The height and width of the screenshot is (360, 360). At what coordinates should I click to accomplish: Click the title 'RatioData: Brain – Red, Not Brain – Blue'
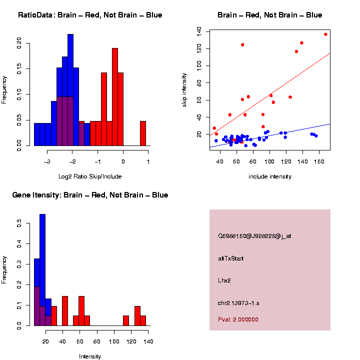pos(90,15)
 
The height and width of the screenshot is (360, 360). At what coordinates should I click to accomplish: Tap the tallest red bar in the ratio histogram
pos(115,95)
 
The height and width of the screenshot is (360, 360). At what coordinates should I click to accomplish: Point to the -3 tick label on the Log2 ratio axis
pos(47,161)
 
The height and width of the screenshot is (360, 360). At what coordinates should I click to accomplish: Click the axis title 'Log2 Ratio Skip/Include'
pos(90,176)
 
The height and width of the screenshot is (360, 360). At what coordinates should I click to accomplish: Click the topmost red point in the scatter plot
pos(325,34)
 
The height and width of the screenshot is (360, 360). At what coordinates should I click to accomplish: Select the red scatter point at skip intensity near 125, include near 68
pos(242,44)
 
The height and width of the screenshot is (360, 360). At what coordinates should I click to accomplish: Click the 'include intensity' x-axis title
pos(270,176)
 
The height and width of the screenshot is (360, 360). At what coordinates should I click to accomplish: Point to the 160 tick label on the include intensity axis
pos(321,161)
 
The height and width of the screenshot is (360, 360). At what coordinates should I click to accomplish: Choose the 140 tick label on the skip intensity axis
pos(199,31)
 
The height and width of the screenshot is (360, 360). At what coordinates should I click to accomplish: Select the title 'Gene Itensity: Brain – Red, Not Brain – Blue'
pos(90,195)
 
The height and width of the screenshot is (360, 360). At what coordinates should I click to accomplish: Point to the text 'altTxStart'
pos(230,258)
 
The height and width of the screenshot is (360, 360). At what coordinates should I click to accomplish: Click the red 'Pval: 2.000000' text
pos(238,319)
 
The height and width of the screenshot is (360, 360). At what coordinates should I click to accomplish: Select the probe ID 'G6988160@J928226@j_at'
pos(254,236)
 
